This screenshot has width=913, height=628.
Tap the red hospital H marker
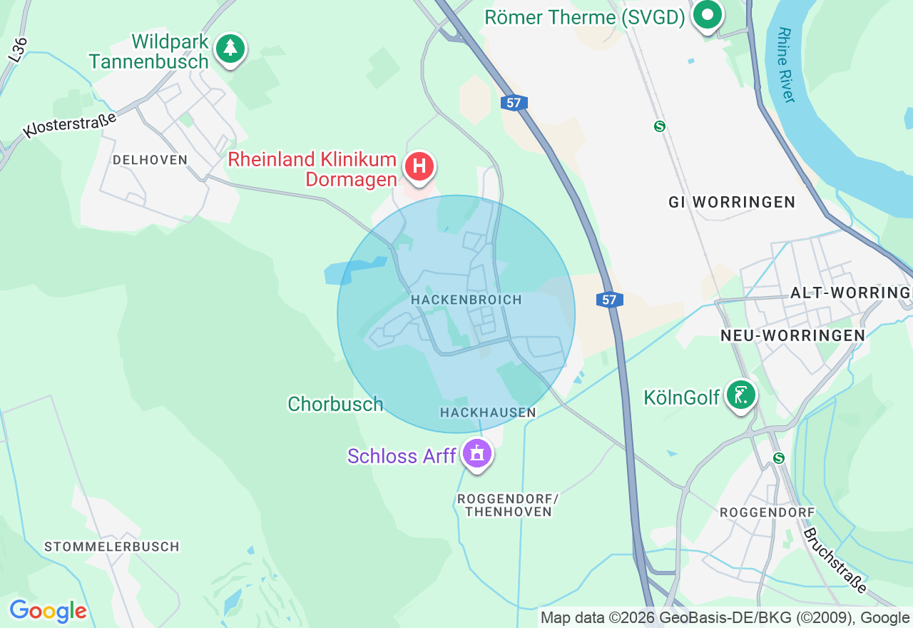419,167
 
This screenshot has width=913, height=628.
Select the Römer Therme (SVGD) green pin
708,15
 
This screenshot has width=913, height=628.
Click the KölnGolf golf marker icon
741,395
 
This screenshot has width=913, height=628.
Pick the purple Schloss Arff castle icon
476,453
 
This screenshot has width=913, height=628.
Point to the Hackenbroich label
466,300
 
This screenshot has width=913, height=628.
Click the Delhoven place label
150,160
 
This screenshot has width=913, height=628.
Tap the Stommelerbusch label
112,547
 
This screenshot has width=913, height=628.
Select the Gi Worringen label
732,202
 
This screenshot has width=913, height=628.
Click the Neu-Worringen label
792,335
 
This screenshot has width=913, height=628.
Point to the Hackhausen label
488,412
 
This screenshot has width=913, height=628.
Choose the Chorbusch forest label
335,404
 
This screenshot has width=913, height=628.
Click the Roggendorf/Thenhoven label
508,505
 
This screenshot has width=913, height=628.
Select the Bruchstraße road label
834,560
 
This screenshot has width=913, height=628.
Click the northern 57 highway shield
514,103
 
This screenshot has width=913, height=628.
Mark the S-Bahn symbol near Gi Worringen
660,126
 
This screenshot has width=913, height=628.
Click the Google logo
48,611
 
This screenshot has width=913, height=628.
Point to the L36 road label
19,50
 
